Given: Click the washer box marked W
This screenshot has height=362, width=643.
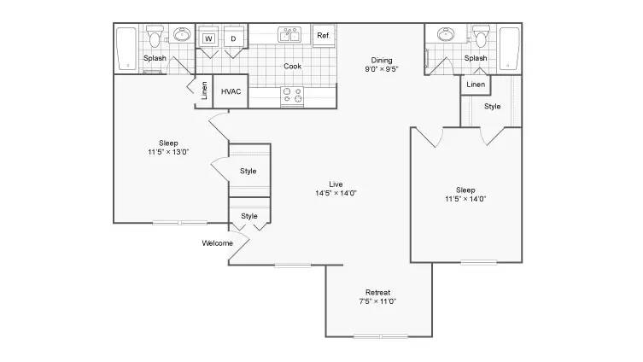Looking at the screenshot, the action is pos(208,38).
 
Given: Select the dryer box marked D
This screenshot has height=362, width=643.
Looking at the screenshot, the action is pos(233,38).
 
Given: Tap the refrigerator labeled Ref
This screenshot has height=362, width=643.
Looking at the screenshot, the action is pos(324,36).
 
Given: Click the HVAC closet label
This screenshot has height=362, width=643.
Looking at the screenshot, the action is pos(231,91).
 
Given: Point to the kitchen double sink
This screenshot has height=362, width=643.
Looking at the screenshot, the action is pos(289,35).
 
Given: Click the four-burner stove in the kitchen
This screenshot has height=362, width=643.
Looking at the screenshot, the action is pos(292,96).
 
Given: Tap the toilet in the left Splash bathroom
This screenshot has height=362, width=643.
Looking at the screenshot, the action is pos(155,36).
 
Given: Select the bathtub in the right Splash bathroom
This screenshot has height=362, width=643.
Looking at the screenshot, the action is pos(509,49).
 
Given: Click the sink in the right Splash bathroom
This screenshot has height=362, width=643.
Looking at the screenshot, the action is pos(446,34).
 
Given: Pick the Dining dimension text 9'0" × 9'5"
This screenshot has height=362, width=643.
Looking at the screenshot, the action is pos(382,69).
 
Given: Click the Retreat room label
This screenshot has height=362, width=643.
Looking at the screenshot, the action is pos(377,292).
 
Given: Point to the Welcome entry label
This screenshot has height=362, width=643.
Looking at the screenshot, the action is pos(218,243).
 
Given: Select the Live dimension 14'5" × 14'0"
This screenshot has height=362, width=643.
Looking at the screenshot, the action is pos(336,193).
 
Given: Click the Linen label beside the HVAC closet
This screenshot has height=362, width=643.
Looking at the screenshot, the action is pos(204,90).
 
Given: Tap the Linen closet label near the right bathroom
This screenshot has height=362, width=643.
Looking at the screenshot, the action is pos(476,85).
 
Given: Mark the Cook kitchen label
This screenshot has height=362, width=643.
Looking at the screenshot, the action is pos(292,66).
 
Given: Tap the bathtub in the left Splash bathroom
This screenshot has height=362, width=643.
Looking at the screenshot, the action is pos(126,49).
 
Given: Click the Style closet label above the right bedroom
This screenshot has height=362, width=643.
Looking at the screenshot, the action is pos(492,106).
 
